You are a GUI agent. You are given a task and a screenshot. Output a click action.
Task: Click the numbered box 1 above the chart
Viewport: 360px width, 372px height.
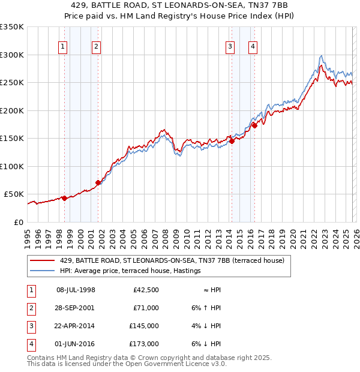pos(63,47)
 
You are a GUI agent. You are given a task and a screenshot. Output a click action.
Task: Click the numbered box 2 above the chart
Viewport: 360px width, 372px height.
pos(96,47)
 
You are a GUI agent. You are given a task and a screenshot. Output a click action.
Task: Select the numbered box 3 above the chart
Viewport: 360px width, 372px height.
pos(230,47)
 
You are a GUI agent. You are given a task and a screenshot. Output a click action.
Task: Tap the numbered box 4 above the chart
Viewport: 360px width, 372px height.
pos(253,47)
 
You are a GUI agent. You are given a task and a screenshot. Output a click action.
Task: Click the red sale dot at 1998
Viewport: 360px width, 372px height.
pos(64,198)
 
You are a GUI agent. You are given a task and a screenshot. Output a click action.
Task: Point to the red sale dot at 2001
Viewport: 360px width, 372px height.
pos(98,182)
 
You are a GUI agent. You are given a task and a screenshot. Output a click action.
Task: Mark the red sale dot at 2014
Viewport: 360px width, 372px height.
pos(232,141)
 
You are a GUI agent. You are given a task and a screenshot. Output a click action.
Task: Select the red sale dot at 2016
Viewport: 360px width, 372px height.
pos(254,125)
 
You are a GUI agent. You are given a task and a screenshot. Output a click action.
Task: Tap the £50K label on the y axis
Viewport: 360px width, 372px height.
pos(14,194)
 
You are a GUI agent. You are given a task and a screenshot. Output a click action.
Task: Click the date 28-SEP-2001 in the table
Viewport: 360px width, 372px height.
pos(75,308)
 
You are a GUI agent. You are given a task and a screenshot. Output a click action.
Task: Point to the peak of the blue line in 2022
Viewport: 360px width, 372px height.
pos(322,56)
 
